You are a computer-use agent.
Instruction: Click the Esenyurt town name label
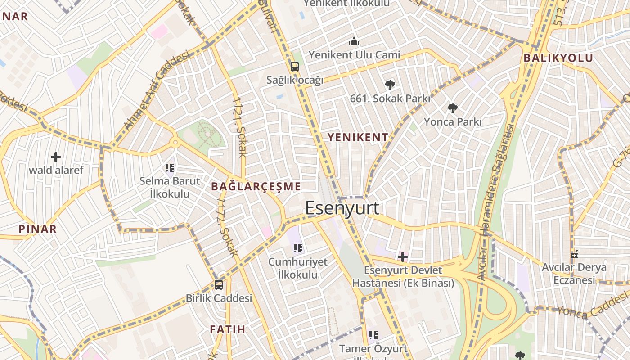[x=342, y=208]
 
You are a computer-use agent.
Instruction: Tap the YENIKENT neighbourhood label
[x=358, y=138]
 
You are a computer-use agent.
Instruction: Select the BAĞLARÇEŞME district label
[x=256, y=186]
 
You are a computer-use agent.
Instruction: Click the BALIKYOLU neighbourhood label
[x=558, y=58]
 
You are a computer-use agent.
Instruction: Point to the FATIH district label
[x=228, y=329]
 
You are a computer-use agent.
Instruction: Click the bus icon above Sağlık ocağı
[x=295, y=67]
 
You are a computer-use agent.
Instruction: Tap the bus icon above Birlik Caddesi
[x=219, y=284]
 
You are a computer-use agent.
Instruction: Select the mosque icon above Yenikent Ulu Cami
[x=354, y=42]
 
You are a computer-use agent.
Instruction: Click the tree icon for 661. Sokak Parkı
[x=390, y=84]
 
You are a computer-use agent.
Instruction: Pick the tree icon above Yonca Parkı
[x=453, y=108]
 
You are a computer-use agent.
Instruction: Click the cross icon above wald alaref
[x=56, y=157]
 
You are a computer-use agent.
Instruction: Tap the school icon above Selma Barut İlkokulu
[x=170, y=168]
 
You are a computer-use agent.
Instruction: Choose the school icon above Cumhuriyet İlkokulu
[x=297, y=248]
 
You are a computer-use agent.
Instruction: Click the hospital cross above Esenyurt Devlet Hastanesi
[x=403, y=257]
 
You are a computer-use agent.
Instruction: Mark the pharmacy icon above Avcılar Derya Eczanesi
[x=574, y=254]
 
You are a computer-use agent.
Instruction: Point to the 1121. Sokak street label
[x=240, y=127]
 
